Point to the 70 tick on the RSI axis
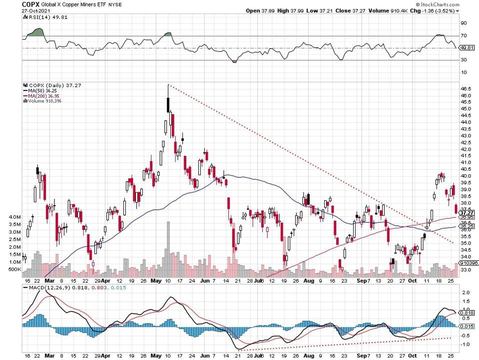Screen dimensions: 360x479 tap(464, 36)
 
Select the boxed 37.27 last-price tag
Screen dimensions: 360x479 tap(466, 212)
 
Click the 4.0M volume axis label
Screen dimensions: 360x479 tap(14, 218)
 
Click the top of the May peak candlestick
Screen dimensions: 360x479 tap(168, 85)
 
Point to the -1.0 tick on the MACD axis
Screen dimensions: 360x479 tap(464, 345)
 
